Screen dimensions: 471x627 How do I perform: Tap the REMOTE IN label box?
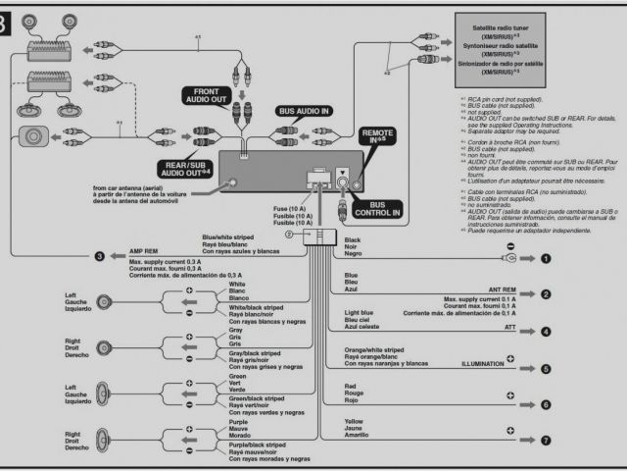pyautogui.click(x=378, y=135)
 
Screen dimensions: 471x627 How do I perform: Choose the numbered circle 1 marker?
pyautogui.click(x=547, y=258)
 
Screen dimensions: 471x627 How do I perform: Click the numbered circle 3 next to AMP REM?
pyautogui.click(x=100, y=257)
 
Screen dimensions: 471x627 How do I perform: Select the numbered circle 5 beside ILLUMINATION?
pyautogui.click(x=547, y=369)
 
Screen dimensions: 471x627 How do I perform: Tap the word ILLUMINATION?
pyautogui.click(x=488, y=363)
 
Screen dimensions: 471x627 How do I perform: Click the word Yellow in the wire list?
pyautogui.click(x=354, y=422)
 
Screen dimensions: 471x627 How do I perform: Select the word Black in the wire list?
pyautogui.click(x=353, y=238)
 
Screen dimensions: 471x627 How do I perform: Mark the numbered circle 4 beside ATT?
pyautogui.click(x=547, y=332)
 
